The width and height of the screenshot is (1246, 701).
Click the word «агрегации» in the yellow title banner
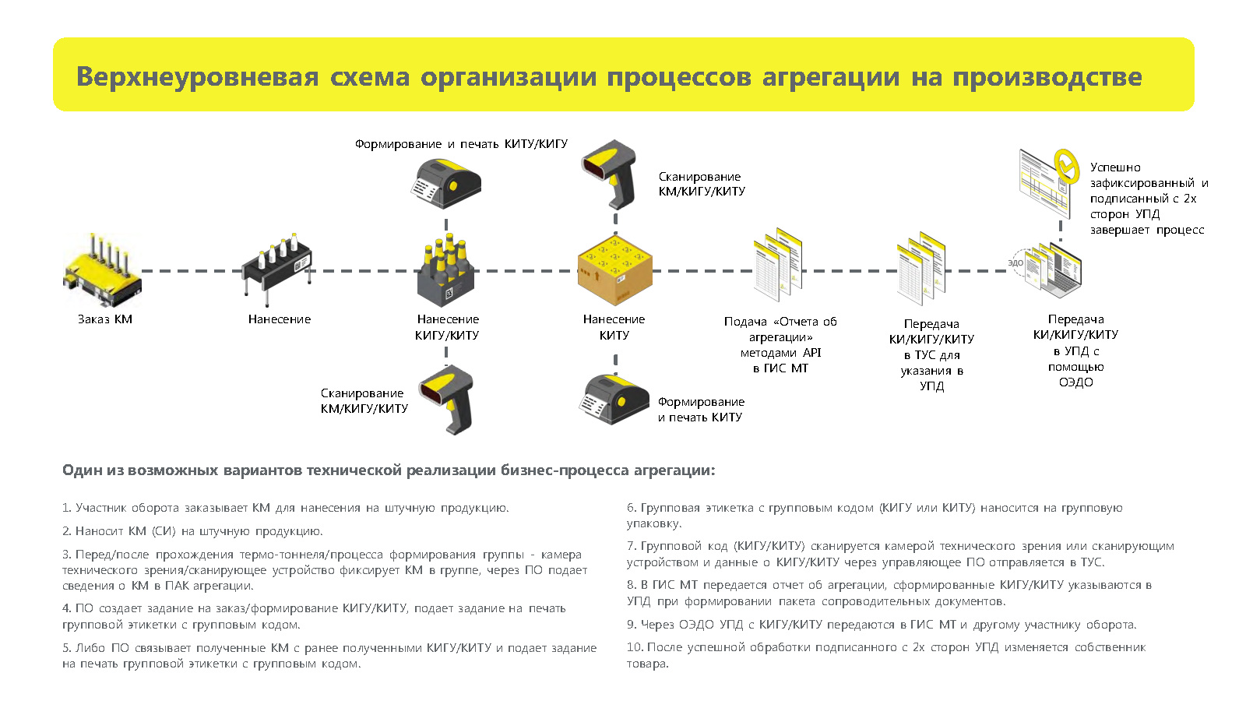tap(830, 77)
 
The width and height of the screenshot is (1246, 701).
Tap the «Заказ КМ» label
tap(105, 319)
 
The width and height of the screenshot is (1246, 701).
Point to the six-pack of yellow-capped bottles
tap(446, 270)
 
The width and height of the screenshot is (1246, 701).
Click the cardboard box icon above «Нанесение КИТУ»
tap(614, 270)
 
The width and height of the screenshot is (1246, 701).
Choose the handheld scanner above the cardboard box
tap(611, 174)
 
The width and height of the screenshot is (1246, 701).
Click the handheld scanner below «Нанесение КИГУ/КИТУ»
tap(448, 400)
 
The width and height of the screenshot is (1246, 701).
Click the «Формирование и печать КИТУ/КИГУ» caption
tap(461, 144)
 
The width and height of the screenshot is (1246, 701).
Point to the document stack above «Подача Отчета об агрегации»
tap(778, 264)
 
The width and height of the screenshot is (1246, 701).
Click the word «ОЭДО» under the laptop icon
tap(1075, 382)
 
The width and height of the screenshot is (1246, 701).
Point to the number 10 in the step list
tap(634, 647)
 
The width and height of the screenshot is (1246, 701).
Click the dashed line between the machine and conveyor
tap(192, 271)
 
